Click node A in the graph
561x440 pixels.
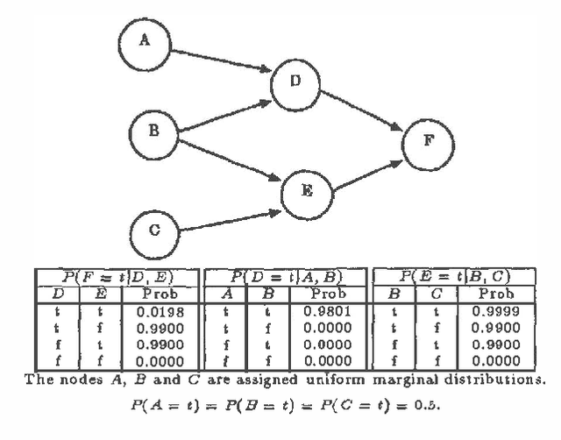[144, 39]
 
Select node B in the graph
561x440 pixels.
[153, 131]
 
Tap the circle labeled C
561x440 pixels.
[153, 231]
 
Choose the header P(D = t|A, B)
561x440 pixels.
[287, 278]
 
